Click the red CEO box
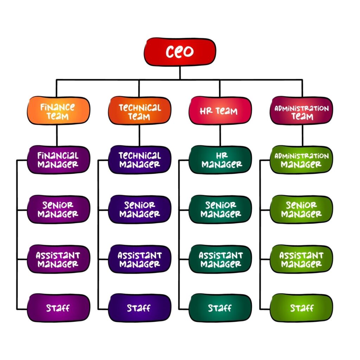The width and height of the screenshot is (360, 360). tap(180, 52)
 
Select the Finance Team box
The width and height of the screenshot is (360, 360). tap(58, 110)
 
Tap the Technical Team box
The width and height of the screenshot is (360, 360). tap(140, 110)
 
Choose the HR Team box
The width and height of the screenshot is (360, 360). tap(220, 110)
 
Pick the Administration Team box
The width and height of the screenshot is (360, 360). tap(301, 110)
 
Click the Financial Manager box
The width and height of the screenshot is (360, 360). tap(58, 160)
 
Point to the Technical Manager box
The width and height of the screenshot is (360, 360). tap(140, 160)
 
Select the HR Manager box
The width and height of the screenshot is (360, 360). tap(220, 160)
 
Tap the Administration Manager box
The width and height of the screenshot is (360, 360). tap(301, 160)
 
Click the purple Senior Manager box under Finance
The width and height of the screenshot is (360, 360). tap(58, 209)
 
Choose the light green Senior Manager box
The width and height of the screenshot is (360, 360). tap(301, 209)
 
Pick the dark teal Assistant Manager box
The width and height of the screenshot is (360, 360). tap(220, 259)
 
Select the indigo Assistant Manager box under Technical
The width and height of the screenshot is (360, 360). tap(140, 259)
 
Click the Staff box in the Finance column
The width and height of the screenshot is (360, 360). tap(58, 308)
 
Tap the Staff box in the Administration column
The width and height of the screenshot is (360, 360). tap(301, 308)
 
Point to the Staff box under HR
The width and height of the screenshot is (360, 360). tap(220, 308)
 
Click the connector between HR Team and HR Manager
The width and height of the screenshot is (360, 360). tap(220, 135)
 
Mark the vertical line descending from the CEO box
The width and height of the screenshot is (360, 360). tap(180, 73)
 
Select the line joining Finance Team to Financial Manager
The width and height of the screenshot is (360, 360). tap(57, 135)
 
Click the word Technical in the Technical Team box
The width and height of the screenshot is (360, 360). tap(140, 108)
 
